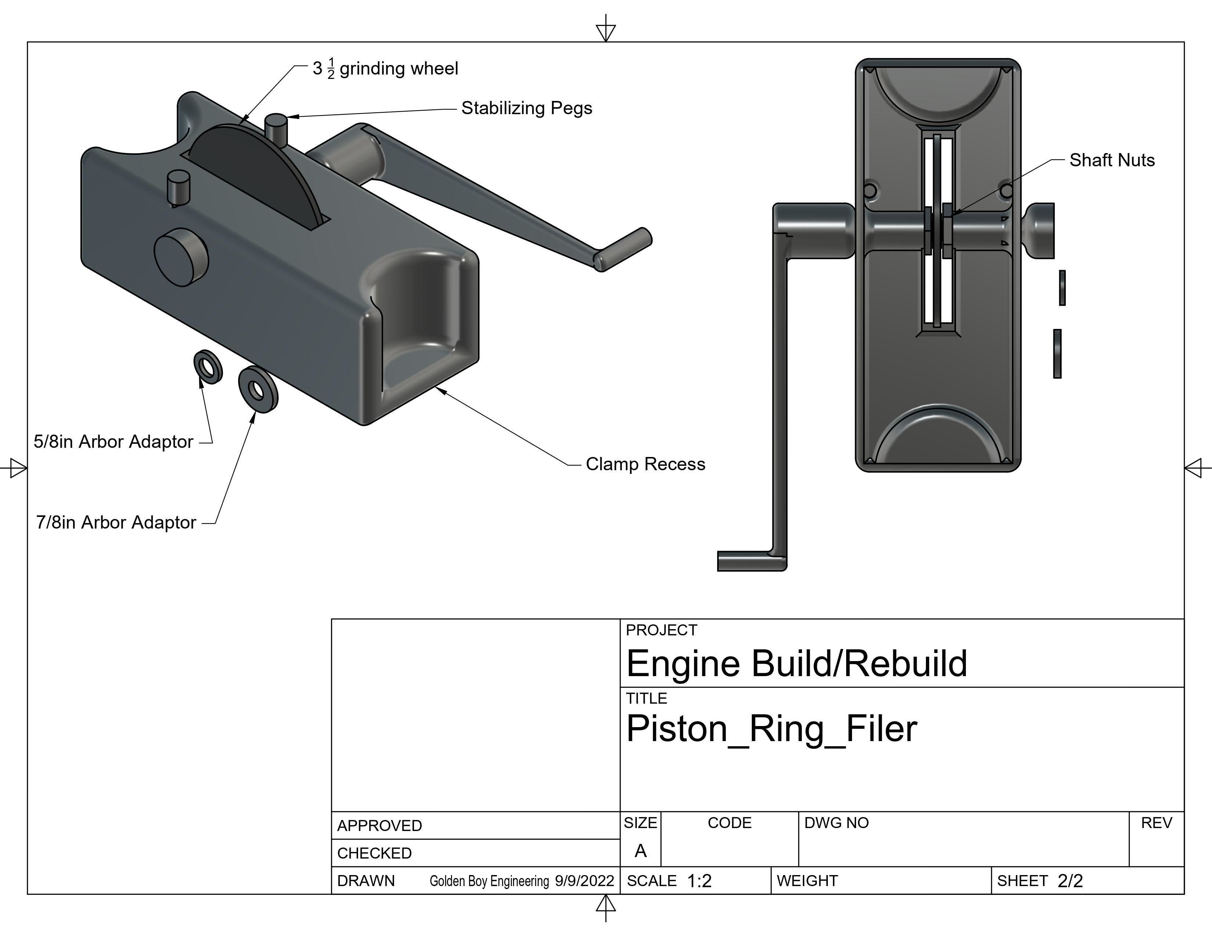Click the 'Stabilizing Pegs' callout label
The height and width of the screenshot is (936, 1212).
coord(526,108)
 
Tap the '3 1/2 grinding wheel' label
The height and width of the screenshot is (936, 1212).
coord(385,69)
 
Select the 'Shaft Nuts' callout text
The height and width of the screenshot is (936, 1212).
coord(1112,160)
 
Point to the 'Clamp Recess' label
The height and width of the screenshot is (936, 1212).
coord(645,464)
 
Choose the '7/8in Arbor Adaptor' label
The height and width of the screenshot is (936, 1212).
coord(116,522)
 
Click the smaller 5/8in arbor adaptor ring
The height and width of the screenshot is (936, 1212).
coord(208,367)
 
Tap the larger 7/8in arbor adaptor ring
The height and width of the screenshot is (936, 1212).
coord(258,389)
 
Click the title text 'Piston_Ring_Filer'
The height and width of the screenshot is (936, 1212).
coord(771,729)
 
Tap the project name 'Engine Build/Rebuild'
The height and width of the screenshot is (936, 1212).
coord(796,663)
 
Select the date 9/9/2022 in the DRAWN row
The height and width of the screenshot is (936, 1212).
coord(584,881)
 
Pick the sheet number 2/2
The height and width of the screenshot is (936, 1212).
coord(1070,881)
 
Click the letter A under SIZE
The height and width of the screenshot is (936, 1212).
coord(641,850)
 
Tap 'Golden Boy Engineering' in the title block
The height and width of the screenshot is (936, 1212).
coord(489,881)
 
